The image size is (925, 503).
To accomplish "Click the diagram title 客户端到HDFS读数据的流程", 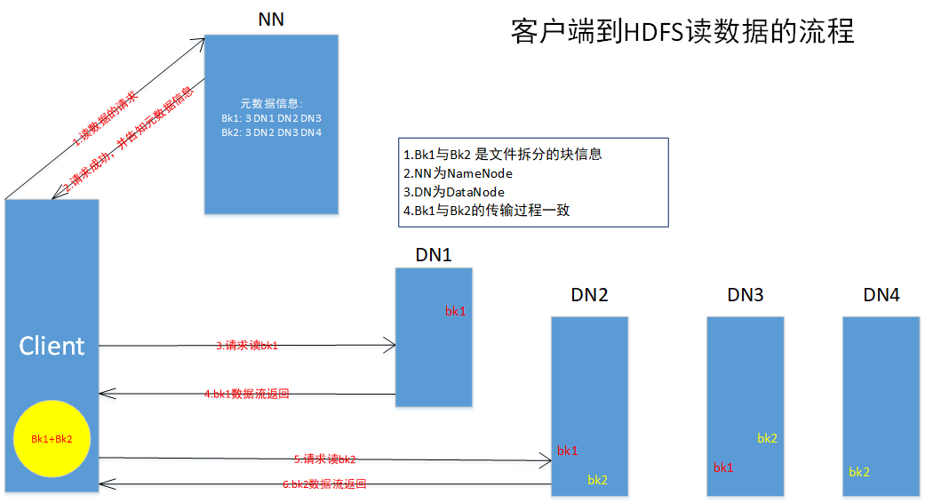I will [x=682, y=32].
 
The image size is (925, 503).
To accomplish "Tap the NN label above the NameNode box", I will [x=271, y=19].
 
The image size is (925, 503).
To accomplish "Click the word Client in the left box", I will [x=52, y=346].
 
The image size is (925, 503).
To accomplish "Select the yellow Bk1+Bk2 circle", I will [x=52, y=438].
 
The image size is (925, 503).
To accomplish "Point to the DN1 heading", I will [x=434, y=255].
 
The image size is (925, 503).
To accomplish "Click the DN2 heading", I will [x=590, y=295].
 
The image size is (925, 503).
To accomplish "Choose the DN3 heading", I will [x=746, y=295].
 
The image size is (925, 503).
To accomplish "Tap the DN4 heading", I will [x=881, y=295].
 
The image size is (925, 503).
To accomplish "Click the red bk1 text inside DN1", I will [x=456, y=311].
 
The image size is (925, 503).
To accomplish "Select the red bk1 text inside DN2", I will [x=568, y=451].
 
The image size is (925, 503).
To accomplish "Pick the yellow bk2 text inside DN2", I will [x=597, y=480].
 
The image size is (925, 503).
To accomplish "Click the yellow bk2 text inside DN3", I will [x=768, y=438].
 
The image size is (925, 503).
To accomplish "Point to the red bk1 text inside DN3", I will [x=723, y=467].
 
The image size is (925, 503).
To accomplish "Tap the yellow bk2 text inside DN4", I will [x=859, y=472].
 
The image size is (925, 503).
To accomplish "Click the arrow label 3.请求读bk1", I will [x=247, y=346].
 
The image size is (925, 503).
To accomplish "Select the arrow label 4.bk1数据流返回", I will [x=247, y=394].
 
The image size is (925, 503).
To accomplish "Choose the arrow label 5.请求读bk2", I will [x=324, y=459].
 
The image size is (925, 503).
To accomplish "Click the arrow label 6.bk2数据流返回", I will [x=324, y=484].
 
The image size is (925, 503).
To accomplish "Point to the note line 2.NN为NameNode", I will [x=458, y=173].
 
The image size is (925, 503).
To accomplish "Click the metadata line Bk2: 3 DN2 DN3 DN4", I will [x=271, y=132].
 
